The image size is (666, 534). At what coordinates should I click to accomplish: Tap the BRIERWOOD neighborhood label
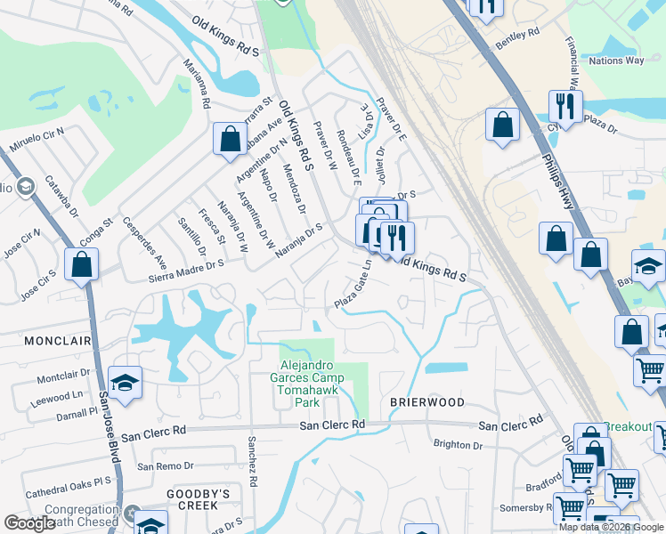pos(427,402)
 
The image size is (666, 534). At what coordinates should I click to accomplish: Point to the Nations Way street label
pos(616,61)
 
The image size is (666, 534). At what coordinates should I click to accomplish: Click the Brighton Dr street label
pos(458,445)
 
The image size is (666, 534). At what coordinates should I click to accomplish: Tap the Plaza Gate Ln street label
pos(352,287)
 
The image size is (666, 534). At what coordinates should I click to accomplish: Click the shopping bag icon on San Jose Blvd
pos(81,263)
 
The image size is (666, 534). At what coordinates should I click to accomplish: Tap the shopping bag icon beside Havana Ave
pos(230,139)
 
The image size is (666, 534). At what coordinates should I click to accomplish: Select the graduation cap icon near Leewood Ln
pos(126,383)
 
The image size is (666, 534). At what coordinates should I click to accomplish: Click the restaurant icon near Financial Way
pos(565,106)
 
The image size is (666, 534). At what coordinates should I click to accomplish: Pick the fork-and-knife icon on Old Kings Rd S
pos(396,238)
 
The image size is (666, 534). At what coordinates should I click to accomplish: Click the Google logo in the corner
pos(29,523)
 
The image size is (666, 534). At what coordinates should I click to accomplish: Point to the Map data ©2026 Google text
pos(611,526)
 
